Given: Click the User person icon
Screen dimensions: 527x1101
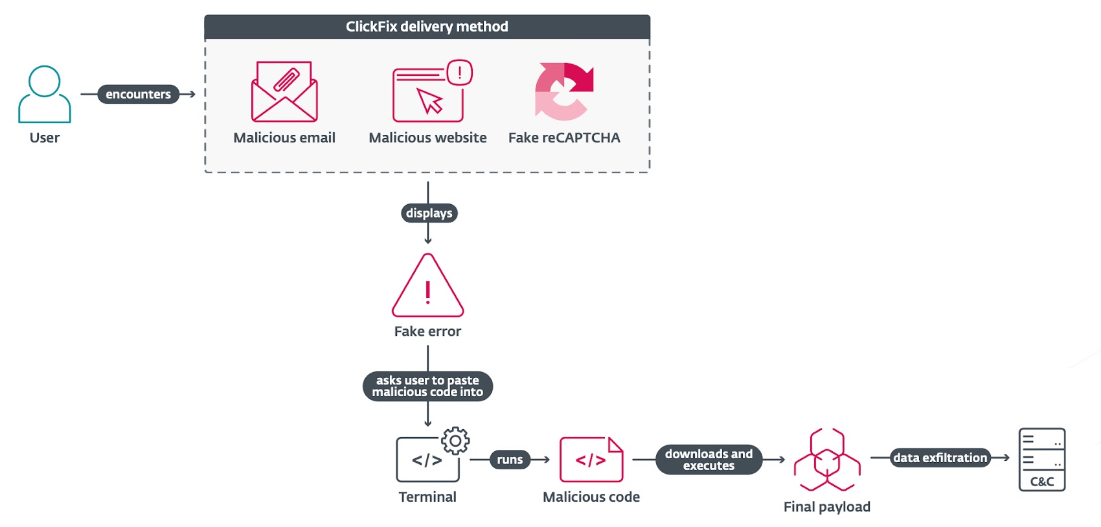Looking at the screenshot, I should (44, 94).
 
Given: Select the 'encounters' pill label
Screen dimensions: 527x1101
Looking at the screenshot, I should (138, 94).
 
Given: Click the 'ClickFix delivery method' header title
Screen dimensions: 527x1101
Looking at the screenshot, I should (427, 27).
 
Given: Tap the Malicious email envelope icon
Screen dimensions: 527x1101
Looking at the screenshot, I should (284, 92).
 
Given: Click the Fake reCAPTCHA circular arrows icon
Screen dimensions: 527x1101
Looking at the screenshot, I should (563, 91).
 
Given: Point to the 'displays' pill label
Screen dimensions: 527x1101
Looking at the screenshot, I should (429, 213).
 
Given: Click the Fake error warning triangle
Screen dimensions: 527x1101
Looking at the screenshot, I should (427, 287).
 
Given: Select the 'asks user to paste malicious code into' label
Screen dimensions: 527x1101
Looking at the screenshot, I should (427, 386).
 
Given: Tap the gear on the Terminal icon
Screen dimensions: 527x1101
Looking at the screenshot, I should (455, 441).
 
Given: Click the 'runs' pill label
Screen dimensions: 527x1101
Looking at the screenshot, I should (510, 460).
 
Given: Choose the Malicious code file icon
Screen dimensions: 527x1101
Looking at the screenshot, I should (591, 460).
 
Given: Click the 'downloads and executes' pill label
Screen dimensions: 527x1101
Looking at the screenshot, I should (709, 460).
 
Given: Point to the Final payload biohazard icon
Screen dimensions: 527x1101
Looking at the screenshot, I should (827, 460).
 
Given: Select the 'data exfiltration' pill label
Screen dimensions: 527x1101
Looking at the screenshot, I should (940, 458).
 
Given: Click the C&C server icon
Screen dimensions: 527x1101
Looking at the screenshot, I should (1041, 459).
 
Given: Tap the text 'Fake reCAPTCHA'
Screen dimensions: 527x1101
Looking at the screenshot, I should (564, 137).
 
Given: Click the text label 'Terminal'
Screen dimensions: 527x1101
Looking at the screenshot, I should (427, 497).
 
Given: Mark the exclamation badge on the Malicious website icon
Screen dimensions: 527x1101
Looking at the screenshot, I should (460, 73).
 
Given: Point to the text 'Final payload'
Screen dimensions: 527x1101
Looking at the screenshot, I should (827, 507).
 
